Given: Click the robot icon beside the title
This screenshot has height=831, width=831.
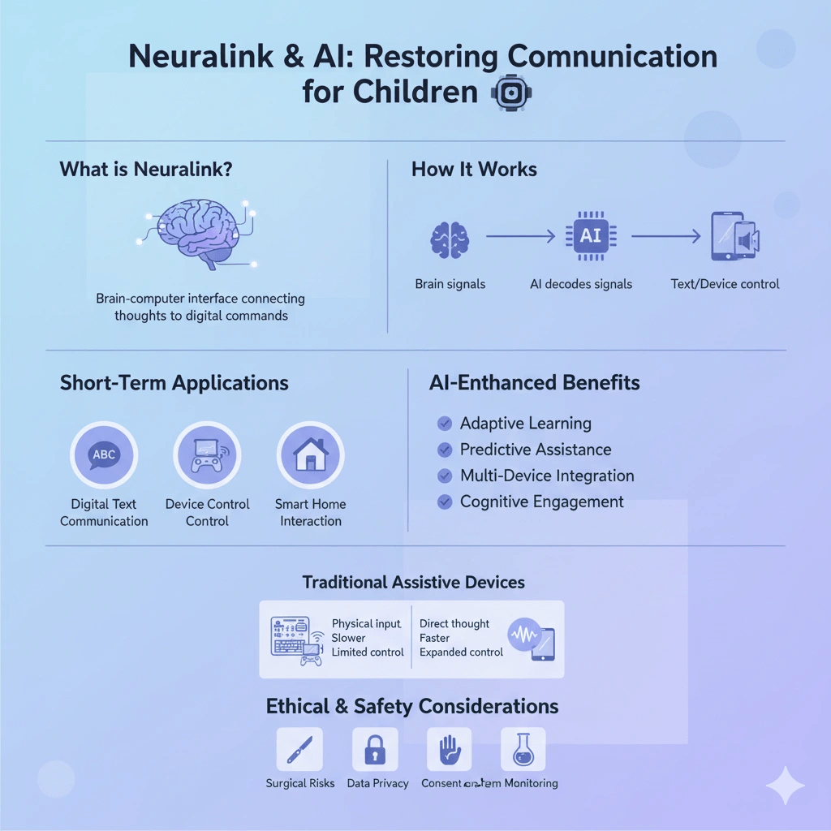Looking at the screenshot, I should (509, 93).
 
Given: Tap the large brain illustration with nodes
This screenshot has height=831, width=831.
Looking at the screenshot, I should (200, 233).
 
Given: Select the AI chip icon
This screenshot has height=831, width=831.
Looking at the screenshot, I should (590, 236).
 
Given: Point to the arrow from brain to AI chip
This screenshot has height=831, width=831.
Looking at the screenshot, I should (519, 237).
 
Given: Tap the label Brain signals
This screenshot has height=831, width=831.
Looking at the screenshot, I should (450, 284).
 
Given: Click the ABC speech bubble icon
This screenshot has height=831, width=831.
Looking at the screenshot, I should (104, 454).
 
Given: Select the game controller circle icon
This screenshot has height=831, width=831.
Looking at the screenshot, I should (207, 454).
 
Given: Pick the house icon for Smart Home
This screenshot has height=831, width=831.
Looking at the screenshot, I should (310, 454).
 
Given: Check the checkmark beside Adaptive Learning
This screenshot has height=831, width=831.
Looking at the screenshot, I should (445, 423).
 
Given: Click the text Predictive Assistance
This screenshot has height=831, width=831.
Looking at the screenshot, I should (536, 450).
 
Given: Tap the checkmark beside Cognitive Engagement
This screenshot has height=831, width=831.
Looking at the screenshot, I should (445, 502).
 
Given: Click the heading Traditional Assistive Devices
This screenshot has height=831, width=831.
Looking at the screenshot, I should (413, 582).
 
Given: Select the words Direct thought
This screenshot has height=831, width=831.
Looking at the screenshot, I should (454, 624).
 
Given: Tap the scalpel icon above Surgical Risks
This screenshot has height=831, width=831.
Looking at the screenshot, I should (299, 749).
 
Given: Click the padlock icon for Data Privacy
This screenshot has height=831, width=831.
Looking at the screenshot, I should (374, 749).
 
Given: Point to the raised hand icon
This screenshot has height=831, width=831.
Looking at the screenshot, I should (450, 749).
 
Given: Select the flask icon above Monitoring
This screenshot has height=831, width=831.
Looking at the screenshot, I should (523, 749).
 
